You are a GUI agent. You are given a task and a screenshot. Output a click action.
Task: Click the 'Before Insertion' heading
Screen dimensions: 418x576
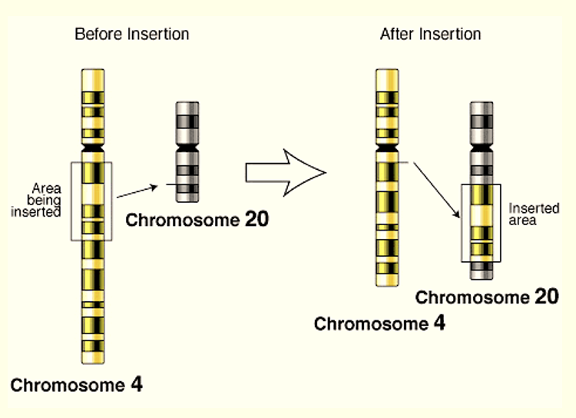click(x=131, y=35)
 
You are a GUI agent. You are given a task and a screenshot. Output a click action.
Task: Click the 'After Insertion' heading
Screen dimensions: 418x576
click(x=430, y=35)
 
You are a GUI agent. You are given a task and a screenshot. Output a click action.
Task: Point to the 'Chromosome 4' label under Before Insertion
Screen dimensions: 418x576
click(x=76, y=384)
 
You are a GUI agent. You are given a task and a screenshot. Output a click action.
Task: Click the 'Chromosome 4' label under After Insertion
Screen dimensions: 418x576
click(x=379, y=323)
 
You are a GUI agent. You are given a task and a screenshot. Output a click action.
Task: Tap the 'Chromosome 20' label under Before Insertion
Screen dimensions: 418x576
click(x=197, y=220)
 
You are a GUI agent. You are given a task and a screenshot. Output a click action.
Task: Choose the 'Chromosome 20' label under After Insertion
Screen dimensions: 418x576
click(x=487, y=297)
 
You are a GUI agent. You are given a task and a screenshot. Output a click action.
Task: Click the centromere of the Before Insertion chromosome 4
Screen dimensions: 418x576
click(x=94, y=145)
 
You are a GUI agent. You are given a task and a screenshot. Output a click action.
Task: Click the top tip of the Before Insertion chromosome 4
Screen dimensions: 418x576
click(x=94, y=72)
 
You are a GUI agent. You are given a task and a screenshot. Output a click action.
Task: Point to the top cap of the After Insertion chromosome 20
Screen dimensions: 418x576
click(x=481, y=105)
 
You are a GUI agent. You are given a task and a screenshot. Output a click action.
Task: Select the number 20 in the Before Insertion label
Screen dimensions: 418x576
click(x=257, y=220)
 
